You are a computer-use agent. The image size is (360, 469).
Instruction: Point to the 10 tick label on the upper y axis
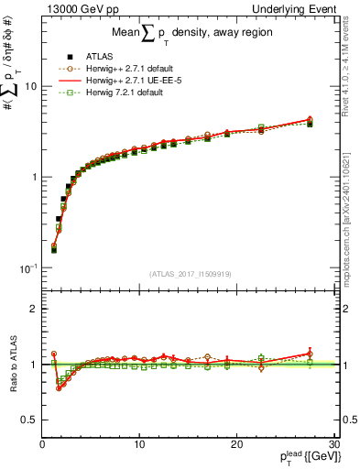coord(29,86)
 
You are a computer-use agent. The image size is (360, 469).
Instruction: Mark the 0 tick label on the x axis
coord(42,444)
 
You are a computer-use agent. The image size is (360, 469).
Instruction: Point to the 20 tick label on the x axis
coord(236,444)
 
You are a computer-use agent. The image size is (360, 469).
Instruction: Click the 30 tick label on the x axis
coord(333,444)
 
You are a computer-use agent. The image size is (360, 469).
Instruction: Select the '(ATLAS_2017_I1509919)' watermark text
coord(189,274)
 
